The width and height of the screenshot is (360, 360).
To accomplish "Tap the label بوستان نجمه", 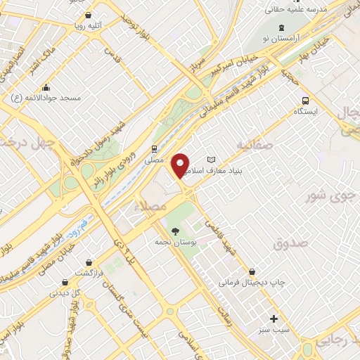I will point(176,241).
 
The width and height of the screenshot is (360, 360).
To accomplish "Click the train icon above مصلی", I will point(153,148).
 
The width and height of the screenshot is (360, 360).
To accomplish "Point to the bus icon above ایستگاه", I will point(305,100).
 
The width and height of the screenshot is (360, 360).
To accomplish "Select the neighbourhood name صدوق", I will point(291,243).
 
